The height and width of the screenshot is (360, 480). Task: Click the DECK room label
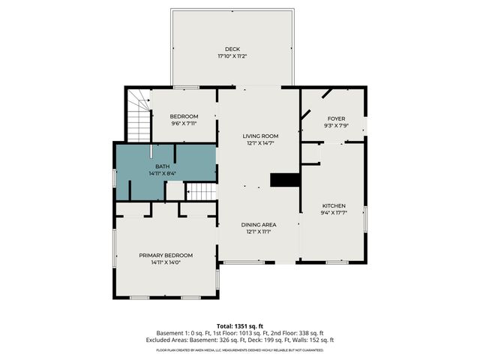232,49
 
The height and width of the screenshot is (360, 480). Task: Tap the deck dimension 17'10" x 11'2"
232,56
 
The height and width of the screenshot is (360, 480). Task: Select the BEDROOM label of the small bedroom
184,116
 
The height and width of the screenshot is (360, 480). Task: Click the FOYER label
336,118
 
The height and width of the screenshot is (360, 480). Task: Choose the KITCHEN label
334,205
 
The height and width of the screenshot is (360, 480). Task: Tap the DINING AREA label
259,225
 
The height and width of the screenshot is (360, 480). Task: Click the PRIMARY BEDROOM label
166,255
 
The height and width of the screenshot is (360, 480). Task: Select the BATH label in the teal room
162,166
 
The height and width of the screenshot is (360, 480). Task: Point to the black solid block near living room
284,180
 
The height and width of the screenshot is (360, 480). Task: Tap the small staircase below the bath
200,192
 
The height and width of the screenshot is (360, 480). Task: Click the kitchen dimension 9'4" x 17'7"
334,212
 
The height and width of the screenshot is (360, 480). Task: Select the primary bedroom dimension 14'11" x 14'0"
166,262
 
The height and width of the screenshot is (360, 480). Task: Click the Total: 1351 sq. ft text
239,325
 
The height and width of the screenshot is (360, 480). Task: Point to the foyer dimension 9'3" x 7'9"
336,125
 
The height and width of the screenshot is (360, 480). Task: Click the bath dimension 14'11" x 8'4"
162,173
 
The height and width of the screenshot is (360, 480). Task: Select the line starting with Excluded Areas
239,340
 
